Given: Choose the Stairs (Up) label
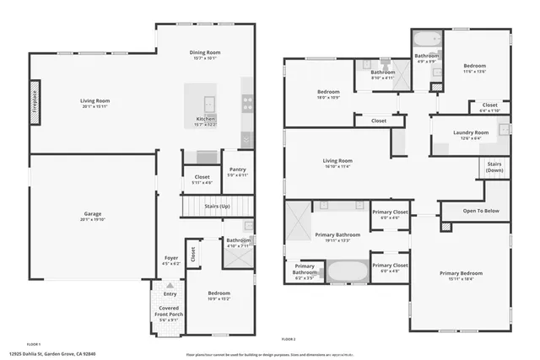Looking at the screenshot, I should pyautogui.click(x=219, y=204).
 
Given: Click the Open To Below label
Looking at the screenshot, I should pyautogui.click(x=482, y=212).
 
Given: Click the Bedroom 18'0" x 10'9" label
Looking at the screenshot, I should pyautogui.click(x=328, y=94).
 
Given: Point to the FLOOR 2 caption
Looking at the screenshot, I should pyautogui.click(x=289, y=337).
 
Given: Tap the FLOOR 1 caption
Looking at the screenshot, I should pyautogui.click(x=35, y=344).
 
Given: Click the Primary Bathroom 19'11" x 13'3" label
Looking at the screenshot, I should pyautogui.click(x=337, y=237).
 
